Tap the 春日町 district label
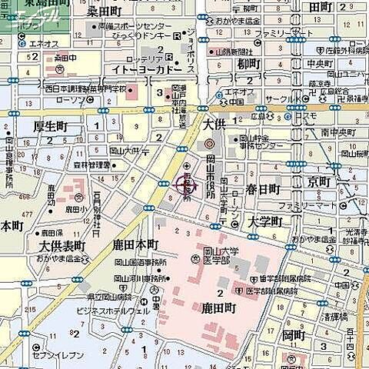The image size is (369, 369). coord(264,188)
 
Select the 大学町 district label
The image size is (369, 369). coord(266,221)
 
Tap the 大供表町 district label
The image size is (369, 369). coord(61,246)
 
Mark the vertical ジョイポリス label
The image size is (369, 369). coord(191,45)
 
